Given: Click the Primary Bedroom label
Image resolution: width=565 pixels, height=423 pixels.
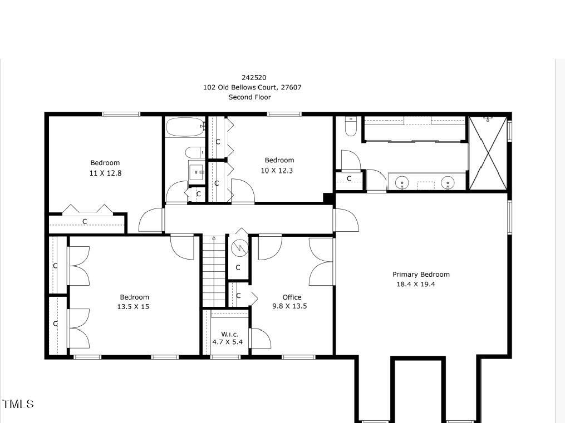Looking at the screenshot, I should (421, 274).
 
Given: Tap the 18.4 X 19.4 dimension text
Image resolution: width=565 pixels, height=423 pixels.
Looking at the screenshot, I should (415, 284).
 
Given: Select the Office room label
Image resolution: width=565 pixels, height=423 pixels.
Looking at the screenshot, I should (292, 297).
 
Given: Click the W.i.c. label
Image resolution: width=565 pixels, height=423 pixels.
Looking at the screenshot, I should (229, 334).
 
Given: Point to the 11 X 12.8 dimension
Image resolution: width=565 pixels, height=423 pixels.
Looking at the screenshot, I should (105, 173).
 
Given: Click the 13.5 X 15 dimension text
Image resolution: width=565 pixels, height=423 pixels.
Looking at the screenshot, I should (134, 306).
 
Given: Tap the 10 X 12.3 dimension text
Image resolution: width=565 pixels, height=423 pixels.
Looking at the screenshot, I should (277, 170).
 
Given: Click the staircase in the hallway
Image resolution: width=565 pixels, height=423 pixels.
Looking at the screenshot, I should (213, 271).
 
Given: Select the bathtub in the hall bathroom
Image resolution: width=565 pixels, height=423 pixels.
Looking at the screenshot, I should (185, 127).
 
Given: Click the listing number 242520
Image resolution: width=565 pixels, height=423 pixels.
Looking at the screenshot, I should (249, 78).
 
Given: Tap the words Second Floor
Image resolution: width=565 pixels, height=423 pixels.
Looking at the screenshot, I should (249, 97).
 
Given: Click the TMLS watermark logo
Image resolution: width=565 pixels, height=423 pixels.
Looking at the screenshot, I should (18, 404).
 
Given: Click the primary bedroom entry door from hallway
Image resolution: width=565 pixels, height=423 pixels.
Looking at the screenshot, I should (346, 220).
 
